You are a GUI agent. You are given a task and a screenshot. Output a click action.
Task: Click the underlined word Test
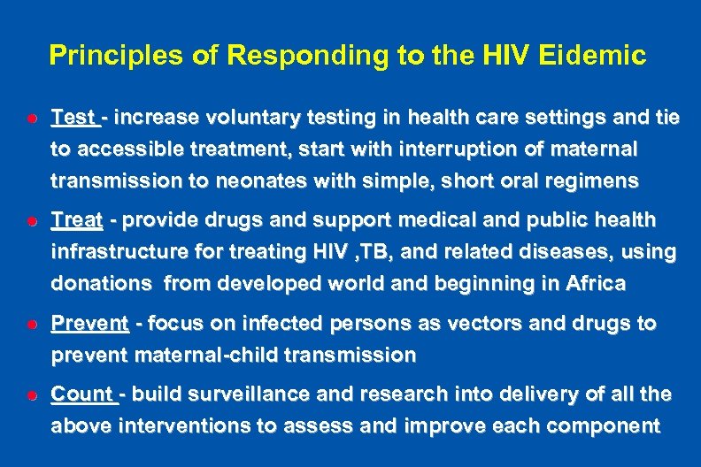tap(73, 118)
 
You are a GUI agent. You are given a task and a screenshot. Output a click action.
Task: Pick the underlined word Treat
tap(77, 219)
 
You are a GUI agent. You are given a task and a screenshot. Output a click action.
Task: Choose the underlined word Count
tap(81, 394)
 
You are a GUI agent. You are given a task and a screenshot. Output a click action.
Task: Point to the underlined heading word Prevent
tap(89, 324)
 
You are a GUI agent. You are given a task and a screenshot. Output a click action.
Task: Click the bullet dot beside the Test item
tap(30, 118)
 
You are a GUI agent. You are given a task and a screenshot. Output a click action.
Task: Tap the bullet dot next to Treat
tap(30, 219)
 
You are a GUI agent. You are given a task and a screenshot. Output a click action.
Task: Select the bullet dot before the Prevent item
tap(30, 325)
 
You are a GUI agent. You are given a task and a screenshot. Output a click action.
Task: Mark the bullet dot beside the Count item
tap(30, 394)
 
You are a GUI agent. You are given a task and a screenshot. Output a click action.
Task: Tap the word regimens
tap(592, 181)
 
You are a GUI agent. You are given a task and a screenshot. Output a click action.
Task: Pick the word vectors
tap(467, 324)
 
